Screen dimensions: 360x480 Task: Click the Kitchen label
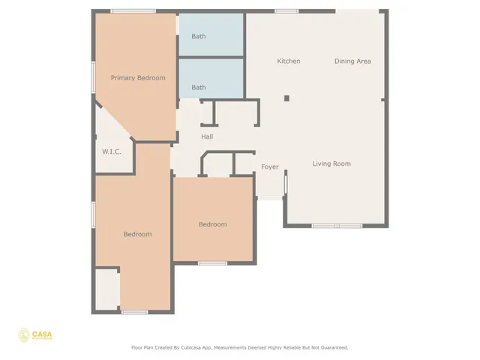click(289, 61)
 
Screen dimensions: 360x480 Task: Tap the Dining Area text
click(352, 61)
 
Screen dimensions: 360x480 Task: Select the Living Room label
click(331, 163)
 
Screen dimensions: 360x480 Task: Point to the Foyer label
click(270, 166)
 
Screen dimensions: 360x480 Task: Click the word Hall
click(207, 136)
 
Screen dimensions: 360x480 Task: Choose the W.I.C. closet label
click(112, 152)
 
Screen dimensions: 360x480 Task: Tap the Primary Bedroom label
click(138, 78)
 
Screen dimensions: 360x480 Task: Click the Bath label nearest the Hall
click(199, 88)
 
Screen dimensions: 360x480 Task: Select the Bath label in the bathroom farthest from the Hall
click(199, 37)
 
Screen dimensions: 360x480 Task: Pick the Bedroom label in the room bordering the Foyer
click(212, 224)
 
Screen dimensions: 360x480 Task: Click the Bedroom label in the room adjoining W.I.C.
click(137, 234)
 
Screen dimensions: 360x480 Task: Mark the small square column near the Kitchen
click(286, 97)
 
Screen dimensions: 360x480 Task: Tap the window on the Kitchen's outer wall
click(286, 11)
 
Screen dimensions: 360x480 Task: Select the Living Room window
click(337, 226)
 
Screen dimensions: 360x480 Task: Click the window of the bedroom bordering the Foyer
click(213, 263)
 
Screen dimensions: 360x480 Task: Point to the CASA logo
click(35, 335)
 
